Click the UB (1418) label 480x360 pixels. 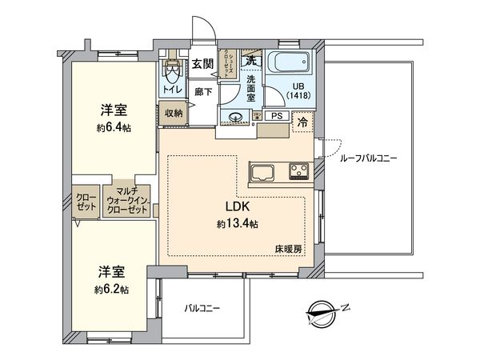click(300, 90)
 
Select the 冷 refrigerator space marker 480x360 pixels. click(303, 122)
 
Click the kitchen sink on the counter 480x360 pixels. click(263, 170)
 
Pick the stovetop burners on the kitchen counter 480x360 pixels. click(298, 170)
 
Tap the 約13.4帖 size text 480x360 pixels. click(236, 224)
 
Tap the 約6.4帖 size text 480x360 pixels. click(111, 126)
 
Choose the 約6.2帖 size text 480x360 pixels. click(110, 286)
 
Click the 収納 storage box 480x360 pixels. click(174, 114)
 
